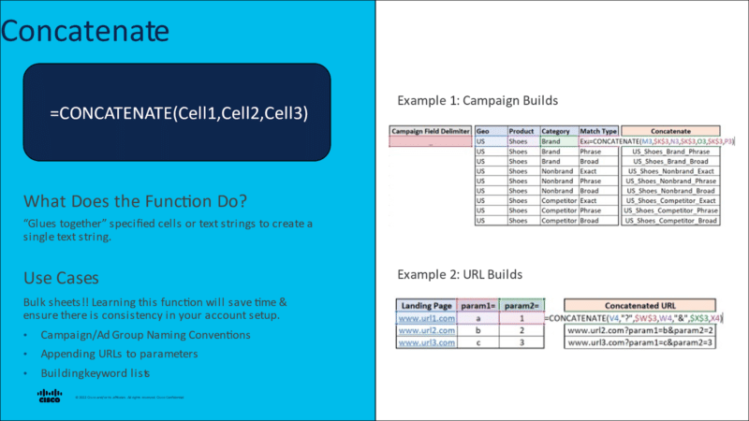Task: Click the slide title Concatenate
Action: coord(84,31)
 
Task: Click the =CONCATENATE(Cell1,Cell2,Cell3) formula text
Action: coord(179,112)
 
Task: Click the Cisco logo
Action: coord(50,396)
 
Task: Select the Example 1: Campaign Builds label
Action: coord(477,99)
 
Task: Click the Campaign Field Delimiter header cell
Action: coord(431,132)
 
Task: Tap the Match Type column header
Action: coord(598,132)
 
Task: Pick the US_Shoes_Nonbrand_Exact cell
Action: coord(670,171)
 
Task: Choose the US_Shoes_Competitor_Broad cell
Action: coord(670,221)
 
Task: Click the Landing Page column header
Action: coord(427,305)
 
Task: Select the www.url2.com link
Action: coord(427,330)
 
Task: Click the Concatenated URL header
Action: coord(642,305)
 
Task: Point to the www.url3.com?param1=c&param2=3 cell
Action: coord(642,342)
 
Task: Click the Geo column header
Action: coord(484,132)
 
